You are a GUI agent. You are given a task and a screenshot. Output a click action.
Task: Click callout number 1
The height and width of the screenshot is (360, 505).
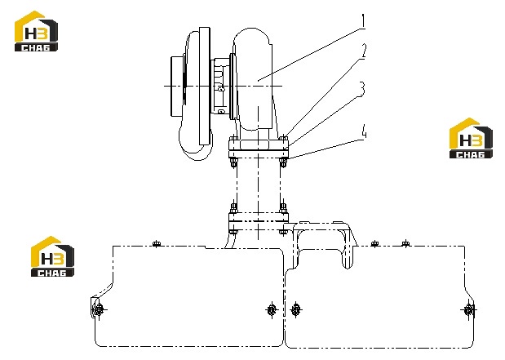click(363, 21)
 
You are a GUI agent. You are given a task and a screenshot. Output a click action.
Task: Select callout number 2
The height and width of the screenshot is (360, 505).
click(363, 51)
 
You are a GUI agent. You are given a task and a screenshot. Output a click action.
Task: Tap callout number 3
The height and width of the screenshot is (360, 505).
click(363, 89)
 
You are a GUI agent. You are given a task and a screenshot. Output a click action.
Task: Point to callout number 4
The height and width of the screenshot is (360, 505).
click(364, 131)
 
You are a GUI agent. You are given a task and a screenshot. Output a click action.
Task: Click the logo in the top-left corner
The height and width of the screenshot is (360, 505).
click(36, 31)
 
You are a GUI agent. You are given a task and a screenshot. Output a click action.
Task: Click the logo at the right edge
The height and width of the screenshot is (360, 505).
click(471, 138)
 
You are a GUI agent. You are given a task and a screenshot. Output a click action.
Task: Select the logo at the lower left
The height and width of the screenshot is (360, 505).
click(52, 256)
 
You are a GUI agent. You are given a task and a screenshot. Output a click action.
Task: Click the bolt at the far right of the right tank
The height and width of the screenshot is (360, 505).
click(468, 310)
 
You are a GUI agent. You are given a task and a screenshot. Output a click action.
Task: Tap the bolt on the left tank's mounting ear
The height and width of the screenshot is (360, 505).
click(98, 310)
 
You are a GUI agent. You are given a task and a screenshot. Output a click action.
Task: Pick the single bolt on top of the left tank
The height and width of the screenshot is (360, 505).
click(157, 243)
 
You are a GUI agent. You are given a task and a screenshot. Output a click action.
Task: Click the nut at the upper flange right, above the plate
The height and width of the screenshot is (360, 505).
click(283, 139)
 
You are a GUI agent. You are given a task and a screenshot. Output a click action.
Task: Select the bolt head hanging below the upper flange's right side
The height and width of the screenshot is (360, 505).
click(283, 162)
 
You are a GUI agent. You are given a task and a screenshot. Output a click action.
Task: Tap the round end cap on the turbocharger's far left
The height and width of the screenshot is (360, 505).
click(176, 87)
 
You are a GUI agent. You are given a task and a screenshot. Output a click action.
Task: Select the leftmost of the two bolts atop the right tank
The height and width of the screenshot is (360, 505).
click(374, 244)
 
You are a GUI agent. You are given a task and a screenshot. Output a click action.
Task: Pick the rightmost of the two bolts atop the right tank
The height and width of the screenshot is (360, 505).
click(405, 243)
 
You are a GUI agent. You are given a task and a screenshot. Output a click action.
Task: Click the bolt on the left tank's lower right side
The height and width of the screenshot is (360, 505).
click(272, 310)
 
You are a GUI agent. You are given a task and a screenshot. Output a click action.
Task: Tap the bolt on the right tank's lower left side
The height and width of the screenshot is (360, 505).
click(295, 310)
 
